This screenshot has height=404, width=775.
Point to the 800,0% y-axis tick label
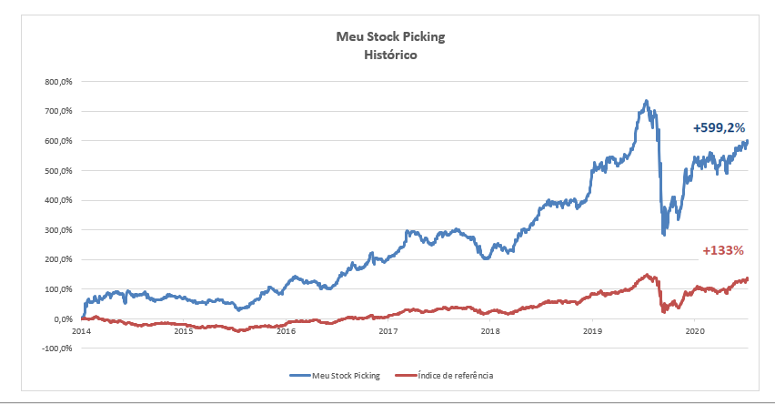point(59,82)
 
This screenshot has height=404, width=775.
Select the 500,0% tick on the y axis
point(59,171)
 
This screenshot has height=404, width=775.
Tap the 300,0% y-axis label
point(59,230)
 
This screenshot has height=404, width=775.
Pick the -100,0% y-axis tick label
point(57,348)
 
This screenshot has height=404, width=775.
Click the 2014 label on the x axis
point(81,332)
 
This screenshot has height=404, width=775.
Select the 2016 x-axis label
point(286,332)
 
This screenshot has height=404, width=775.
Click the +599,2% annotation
point(720,128)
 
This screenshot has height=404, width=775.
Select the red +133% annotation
point(724,250)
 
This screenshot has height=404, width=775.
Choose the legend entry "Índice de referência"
point(455,374)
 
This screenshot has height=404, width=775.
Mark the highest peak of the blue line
point(645,101)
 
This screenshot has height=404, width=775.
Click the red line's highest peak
point(646,275)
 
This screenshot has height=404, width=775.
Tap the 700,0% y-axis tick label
point(59,112)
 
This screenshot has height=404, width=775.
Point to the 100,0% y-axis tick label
point(59,289)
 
